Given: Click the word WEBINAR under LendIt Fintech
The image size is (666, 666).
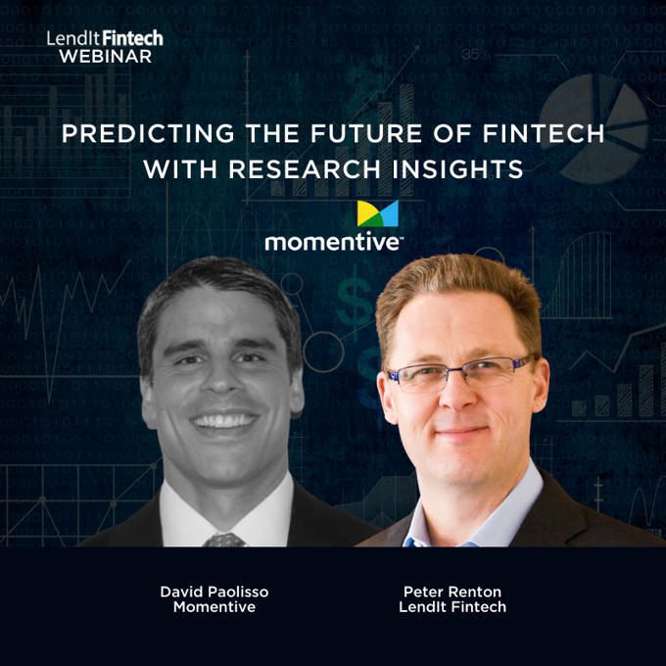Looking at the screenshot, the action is pos(106,57).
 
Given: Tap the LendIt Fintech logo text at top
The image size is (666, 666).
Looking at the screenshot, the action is pos(105,38).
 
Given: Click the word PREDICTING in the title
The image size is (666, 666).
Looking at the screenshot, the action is pos(148,133).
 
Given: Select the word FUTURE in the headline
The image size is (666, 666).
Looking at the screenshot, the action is pos(366,133).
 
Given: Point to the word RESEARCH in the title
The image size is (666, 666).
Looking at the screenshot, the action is pos(305,169).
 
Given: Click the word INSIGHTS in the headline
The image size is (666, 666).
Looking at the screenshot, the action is pos(457,169).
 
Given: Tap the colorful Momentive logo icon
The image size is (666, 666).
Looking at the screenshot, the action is pos(378,214).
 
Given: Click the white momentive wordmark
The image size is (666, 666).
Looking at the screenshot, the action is pos(333,242).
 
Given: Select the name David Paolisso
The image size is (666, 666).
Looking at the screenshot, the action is pos(214,592).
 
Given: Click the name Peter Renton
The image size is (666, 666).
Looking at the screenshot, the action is pos(452,592).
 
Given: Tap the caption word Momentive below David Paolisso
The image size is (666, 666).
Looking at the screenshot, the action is pos(214,606).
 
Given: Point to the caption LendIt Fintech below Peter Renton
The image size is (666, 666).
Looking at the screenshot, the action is pos(452,606).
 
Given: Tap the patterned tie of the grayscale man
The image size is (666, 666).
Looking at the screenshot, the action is pos(224,540).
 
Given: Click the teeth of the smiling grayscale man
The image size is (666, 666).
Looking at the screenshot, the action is pos(224,420).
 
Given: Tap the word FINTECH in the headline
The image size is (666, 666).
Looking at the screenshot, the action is pos(544,133).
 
